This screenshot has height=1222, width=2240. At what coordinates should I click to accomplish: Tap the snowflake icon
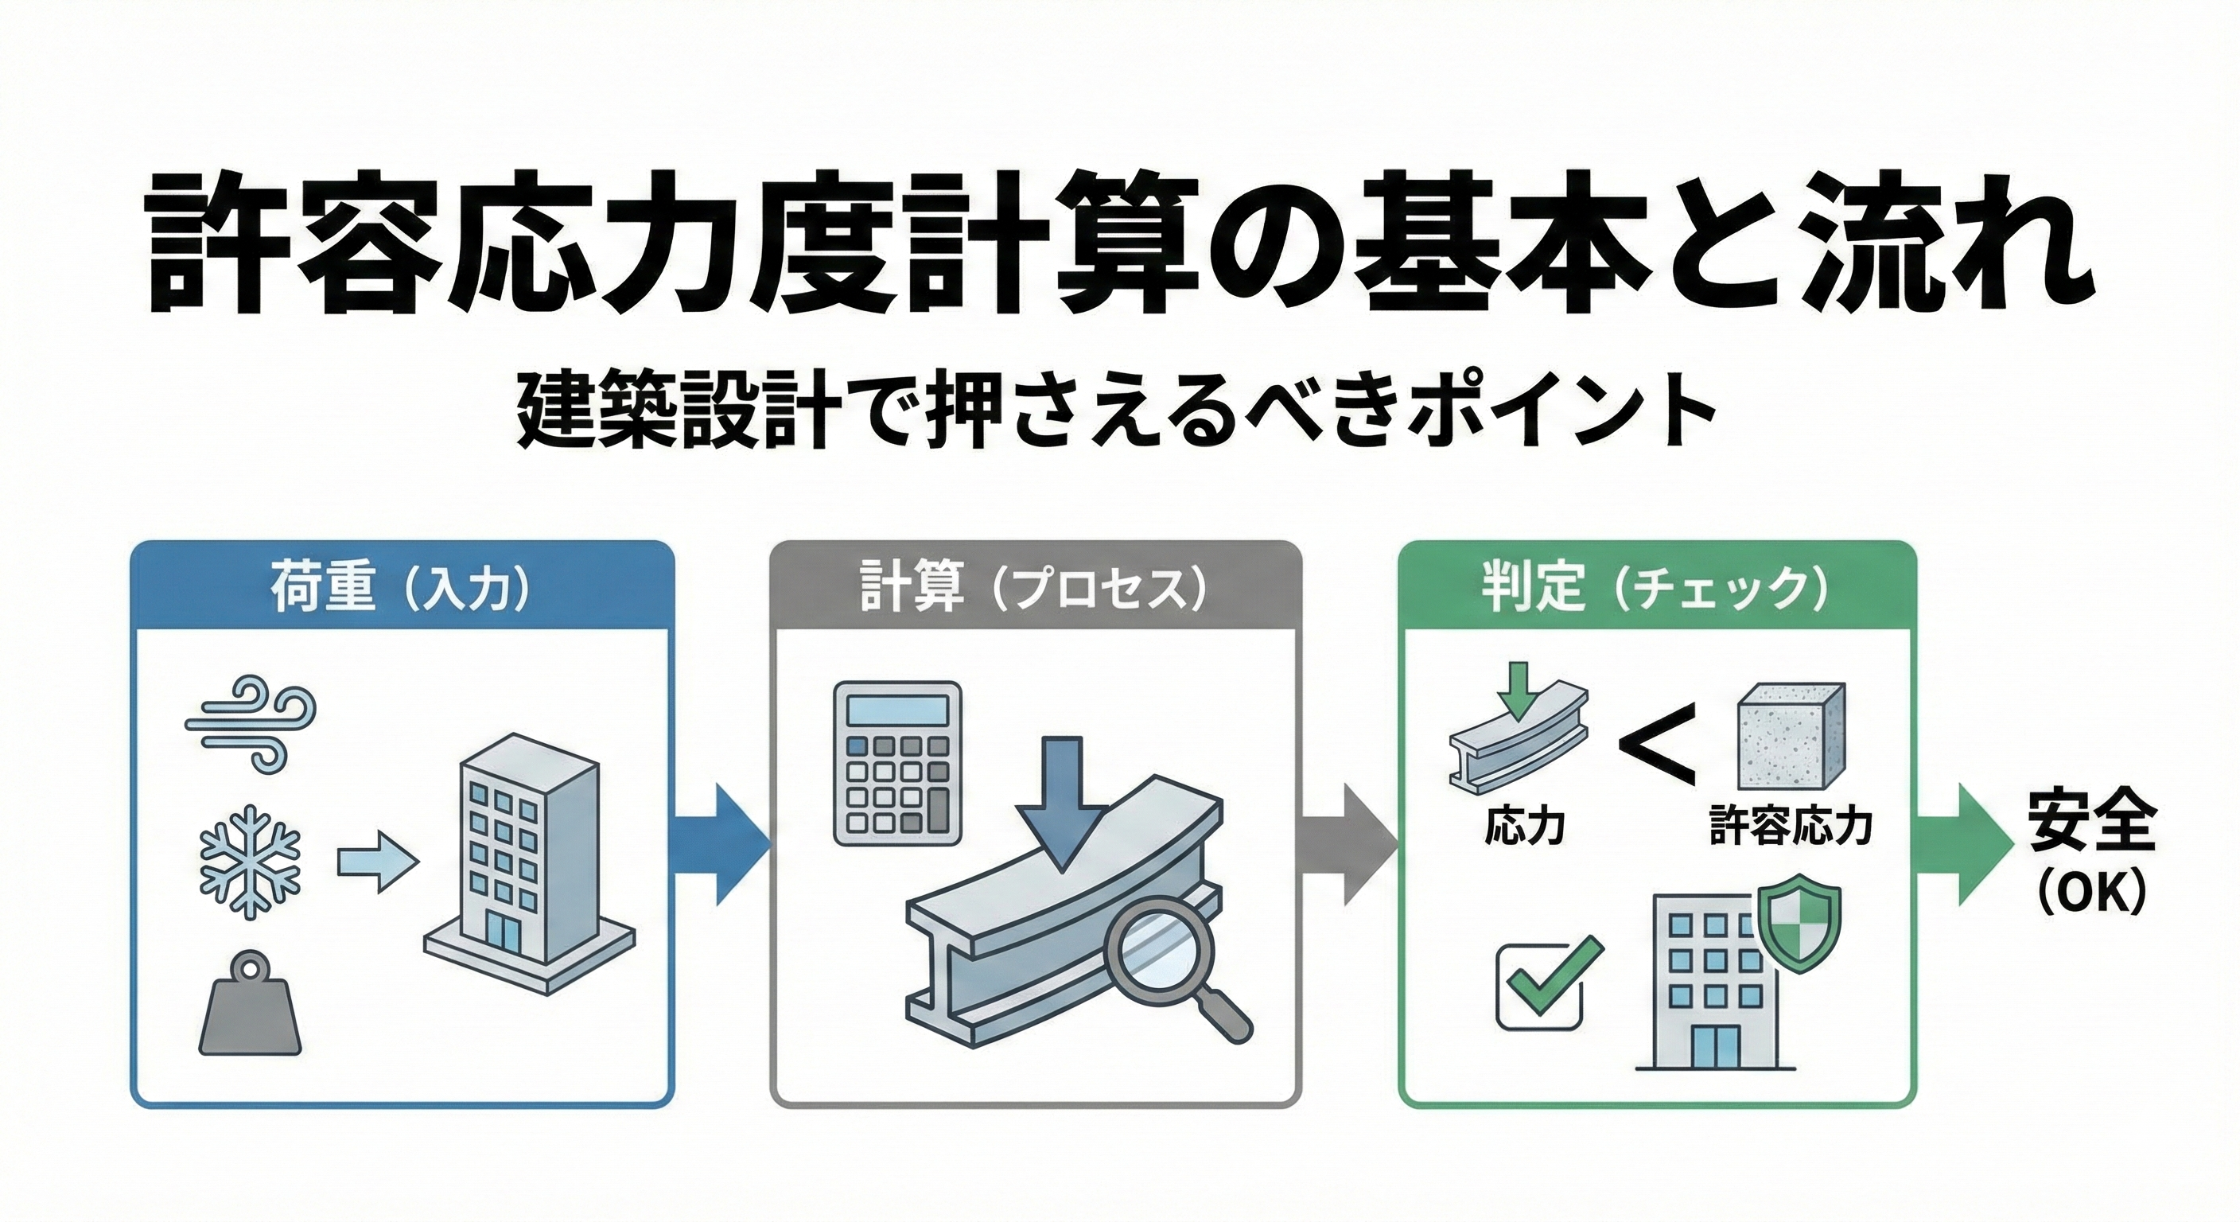pos(251,861)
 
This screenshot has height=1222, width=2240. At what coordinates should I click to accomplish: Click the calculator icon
pos(897,764)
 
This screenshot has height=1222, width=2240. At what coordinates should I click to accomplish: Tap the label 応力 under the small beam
pos(1524,825)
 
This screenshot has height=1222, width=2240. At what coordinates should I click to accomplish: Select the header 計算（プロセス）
pos(1035,588)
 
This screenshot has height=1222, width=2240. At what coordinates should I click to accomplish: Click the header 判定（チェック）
pos(1655,588)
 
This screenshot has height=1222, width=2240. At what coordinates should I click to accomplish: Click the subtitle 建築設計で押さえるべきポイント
pos(1116,411)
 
